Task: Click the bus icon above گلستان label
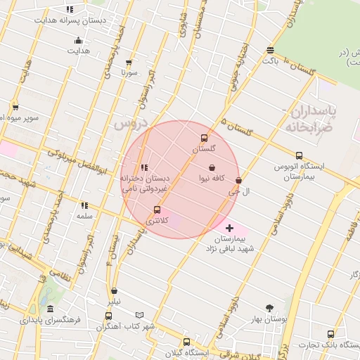tap(205, 138)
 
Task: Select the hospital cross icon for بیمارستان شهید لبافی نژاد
tap(229, 229)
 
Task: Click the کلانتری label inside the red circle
tap(157, 221)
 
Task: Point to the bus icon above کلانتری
tap(157, 210)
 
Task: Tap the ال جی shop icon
tap(238, 181)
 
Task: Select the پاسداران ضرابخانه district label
tap(313, 120)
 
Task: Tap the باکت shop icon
tap(271, 50)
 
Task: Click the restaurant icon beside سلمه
tap(84, 206)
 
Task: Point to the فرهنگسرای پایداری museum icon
tap(50, 309)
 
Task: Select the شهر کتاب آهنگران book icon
tap(139, 315)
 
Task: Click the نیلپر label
tap(113, 301)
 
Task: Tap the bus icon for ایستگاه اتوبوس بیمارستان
tap(299, 156)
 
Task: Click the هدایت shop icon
tap(78, 40)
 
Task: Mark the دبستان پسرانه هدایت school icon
tap(69, 10)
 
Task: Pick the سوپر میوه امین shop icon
tap(16, 107)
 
